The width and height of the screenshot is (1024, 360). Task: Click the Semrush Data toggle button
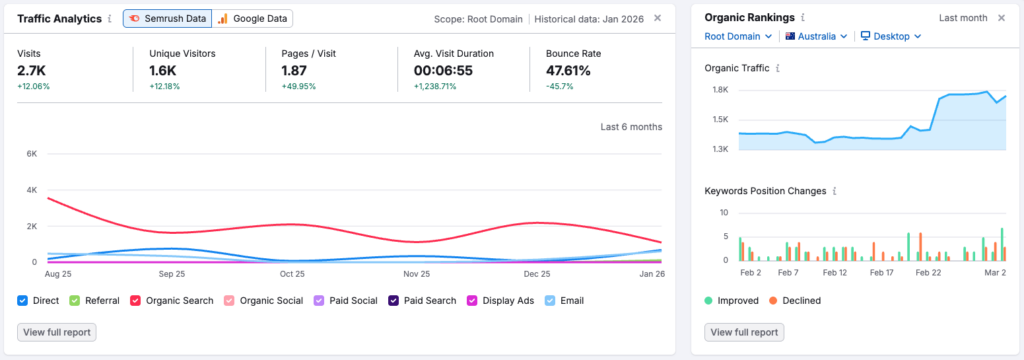point(166,18)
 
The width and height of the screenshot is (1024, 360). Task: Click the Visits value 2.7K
point(33,71)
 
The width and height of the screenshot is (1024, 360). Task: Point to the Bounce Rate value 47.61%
point(568,71)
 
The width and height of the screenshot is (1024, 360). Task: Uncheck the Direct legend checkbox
point(23,300)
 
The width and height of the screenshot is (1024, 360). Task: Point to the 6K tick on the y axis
point(31,154)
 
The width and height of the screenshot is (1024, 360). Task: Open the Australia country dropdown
point(816,36)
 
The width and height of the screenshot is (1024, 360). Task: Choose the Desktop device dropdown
point(890,36)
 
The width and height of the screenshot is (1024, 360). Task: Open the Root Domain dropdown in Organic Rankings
point(738,36)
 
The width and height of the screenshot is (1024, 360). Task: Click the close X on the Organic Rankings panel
point(1001,18)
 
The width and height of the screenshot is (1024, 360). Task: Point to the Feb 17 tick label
point(881,272)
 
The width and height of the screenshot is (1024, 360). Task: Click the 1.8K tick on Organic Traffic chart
point(719,90)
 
